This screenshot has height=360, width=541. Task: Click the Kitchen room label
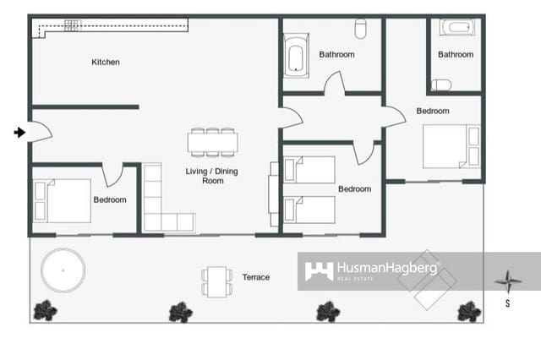[x=106, y=62]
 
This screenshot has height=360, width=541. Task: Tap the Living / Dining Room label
[x=212, y=176]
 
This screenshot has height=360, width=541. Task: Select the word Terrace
[x=256, y=277]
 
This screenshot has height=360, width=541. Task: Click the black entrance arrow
[x=19, y=132]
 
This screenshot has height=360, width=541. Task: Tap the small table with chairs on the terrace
[x=216, y=281]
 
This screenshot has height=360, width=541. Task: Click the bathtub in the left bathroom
[x=295, y=56]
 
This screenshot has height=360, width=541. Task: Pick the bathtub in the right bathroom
[x=457, y=28]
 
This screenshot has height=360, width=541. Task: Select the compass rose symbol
[x=506, y=281]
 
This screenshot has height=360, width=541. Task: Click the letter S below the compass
[x=507, y=302]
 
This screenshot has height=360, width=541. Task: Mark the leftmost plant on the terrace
[x=45, y=311]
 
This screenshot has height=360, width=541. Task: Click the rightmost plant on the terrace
[x=468, y=312]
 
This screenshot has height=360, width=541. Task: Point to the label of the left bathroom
[x=336, y=55]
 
